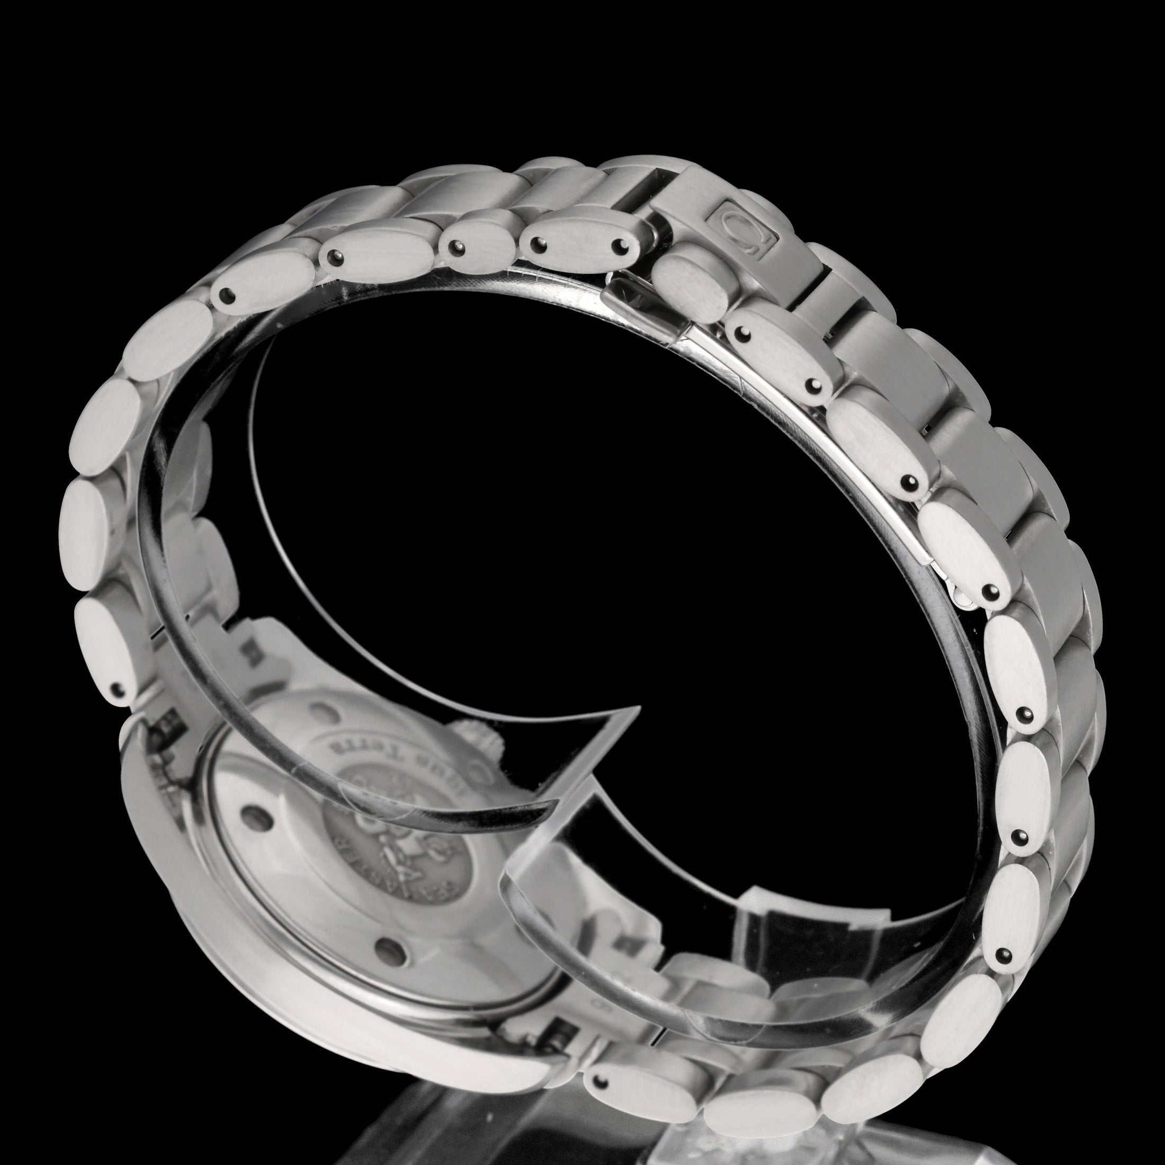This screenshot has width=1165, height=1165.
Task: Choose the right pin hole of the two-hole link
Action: point(620,245)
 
